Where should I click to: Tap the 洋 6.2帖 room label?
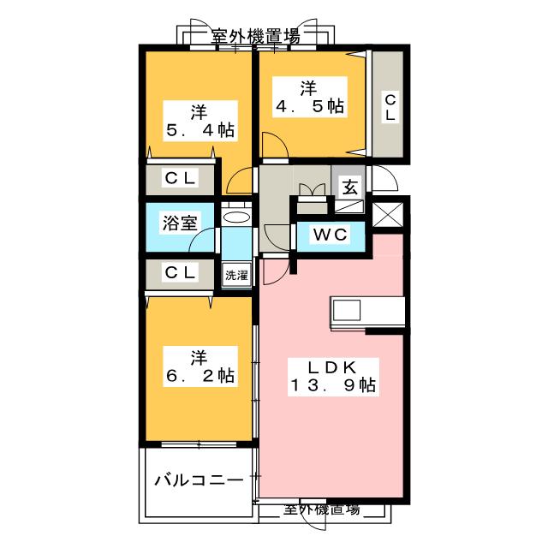point(200,366)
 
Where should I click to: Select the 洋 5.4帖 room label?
point(200,121)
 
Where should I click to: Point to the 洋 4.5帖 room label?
point(310,97)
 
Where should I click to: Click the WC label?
point(331,235)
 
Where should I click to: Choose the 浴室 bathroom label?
point(180,223)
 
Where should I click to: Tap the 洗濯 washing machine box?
point(236,275)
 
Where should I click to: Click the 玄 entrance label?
point(350,188)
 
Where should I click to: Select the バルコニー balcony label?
point(200,480)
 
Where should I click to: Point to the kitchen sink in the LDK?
point(346,311)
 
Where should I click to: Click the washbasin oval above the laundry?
point(236,217)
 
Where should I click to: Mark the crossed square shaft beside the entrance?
point(388,215)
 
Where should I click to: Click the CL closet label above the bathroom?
point(180,179)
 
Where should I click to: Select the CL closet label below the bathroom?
point(180,272)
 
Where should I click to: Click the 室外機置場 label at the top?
point(255,36)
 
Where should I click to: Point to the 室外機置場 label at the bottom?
point(322,510)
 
